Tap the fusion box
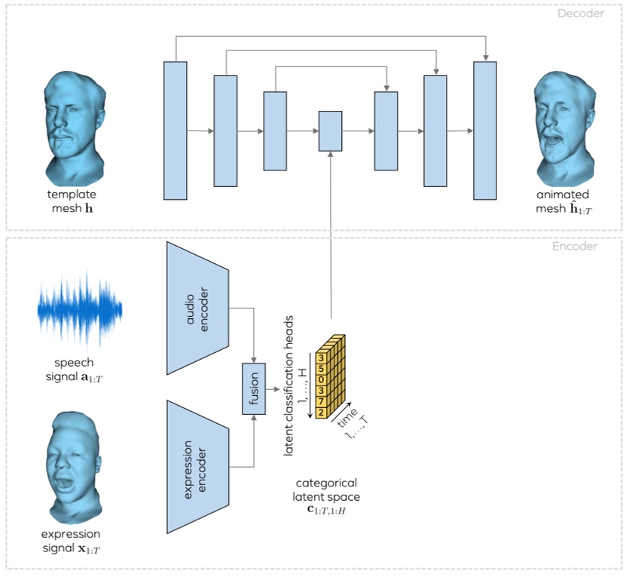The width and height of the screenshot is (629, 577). pos(254,388)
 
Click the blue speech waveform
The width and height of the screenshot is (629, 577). pos(78,309)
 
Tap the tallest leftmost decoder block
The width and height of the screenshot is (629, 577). pos(175,130)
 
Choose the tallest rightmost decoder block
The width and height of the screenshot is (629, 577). pos(485,130)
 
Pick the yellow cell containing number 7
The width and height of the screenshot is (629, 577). pos(321,401)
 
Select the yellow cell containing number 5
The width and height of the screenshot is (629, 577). pos(321,369)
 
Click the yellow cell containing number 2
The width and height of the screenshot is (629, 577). pos(321,413)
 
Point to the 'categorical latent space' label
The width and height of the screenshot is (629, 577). pos(326,490)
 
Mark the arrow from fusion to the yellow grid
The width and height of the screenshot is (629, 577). pos(276,388)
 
